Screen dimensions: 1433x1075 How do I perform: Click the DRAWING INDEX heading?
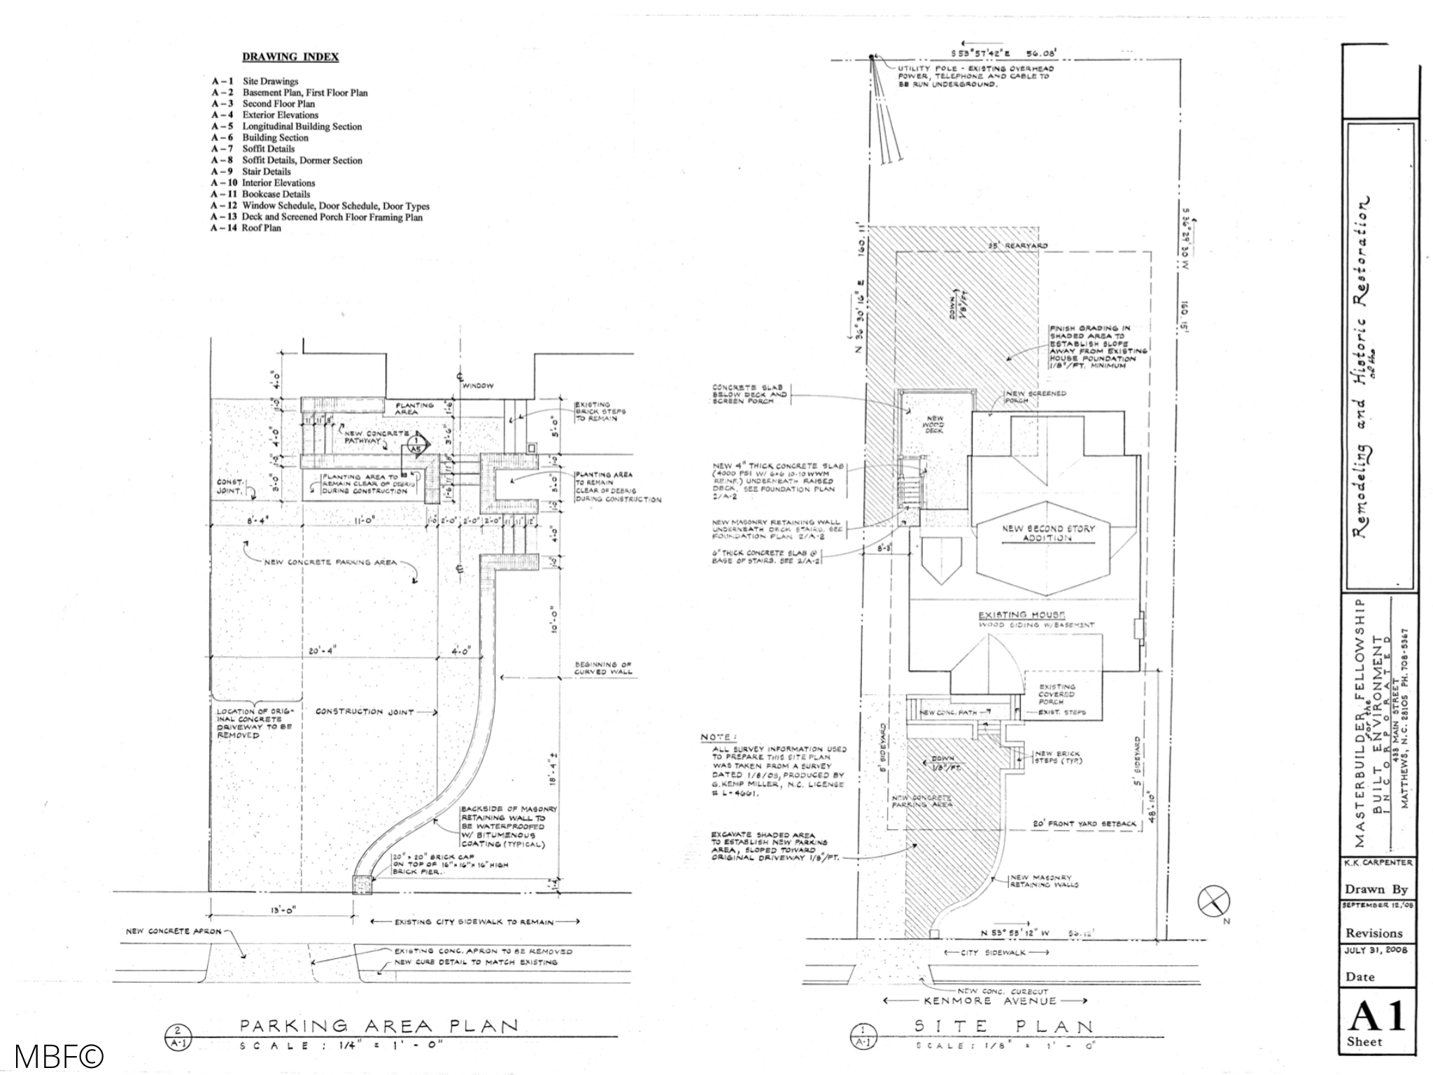pyautogui.click(x=290, y=57)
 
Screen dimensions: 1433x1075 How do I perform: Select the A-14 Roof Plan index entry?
pyautogui.click(x=246, y=228)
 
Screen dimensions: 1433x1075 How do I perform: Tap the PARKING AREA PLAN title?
pyautogui.click(x=379, y=1026)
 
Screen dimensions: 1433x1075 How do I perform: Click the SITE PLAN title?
pyautogui.click(x=1004, y=1027)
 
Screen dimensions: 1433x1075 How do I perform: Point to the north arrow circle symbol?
pyautogui.click(x=1214, y=901)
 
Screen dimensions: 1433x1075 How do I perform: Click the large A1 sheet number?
pyautogui.click(x=1376, y=1016)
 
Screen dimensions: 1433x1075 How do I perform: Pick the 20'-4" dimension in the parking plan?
pyautogui.click(x=323, y=651)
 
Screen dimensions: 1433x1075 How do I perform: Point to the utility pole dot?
pyautogui.click(x=871, y=56)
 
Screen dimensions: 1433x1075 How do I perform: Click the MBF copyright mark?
pyautogui.click(x=58, y=1056)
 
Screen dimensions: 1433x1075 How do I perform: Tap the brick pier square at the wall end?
pyautogui.click(x=363, y=885)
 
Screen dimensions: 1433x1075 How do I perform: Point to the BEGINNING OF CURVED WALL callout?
pyautogui.click(x=602, y=668)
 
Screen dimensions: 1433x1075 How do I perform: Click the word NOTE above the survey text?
pyautogui.click(x=718, y=737)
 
